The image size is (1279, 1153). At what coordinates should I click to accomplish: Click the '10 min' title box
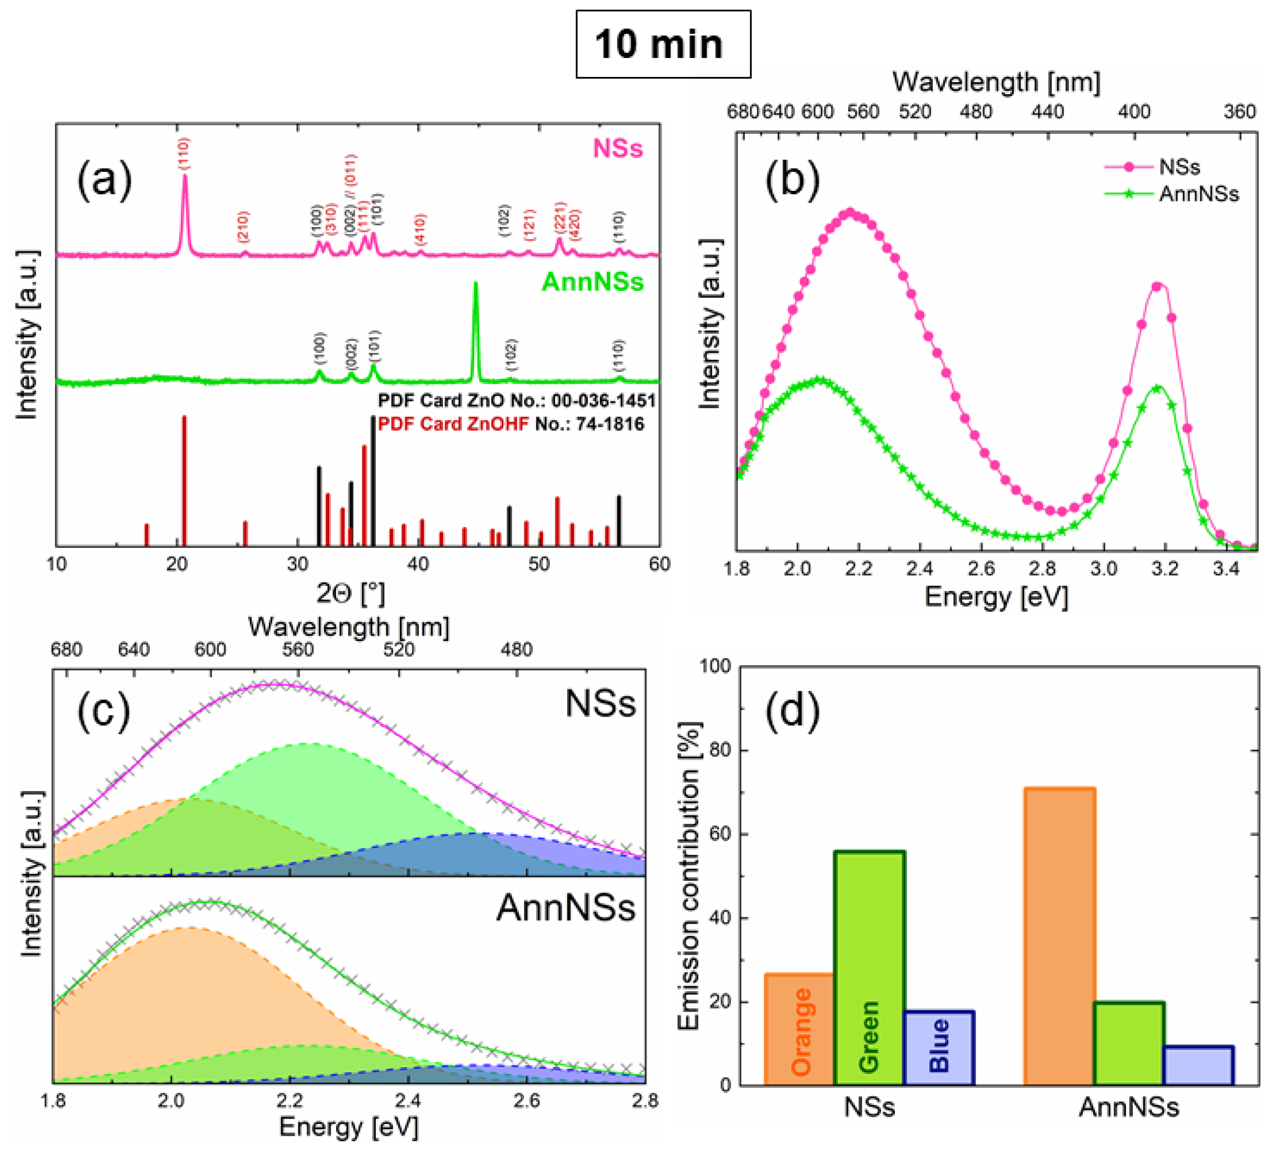(x=662, y=44)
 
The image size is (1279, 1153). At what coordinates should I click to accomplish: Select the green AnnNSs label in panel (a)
(x=592, y=282)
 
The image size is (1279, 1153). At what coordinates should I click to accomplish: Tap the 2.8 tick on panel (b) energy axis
(x=1043, y=568)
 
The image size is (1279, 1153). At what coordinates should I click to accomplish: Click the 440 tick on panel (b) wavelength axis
(x=1047, y=112)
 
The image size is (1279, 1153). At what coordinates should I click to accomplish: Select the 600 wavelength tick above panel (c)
(x=210, y=650)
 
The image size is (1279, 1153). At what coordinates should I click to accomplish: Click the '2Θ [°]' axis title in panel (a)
(x=350, y=593)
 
